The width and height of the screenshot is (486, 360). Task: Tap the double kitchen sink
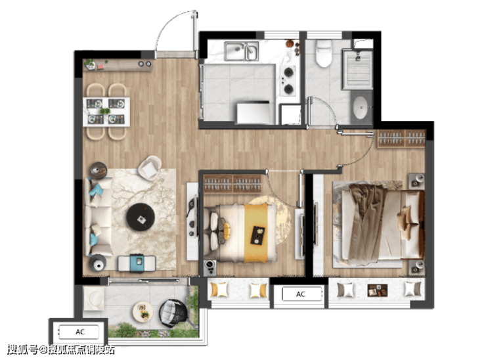pyautogui.click(x=242, y=51)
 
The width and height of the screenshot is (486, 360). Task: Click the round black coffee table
pyautogui.click(x=141, y=217)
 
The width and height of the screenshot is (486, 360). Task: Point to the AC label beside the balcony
pyautogui.click(x=80, y=332)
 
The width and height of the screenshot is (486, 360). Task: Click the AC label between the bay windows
pyautogui.click(x=300, y=294)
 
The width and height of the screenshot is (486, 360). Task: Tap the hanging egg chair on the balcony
pyautogui.click(x=173, y=313)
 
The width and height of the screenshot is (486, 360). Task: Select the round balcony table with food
pyautogui.click(x=143, y=311)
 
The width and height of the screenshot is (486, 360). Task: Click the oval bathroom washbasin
pyautogui.click(x=361, y=107)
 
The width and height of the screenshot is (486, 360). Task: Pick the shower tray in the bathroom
pyautogui.click(x=357, y=69)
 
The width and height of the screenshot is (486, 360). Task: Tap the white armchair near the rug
pyautogui.click(x=150, y=168)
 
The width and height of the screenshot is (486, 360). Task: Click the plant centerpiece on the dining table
pyautogui.click(x=105, y=111)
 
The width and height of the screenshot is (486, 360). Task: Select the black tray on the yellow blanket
pyautogui.click(x=258, y=235)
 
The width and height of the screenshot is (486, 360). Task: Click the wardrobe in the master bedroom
pyautogui.click(x=402, y=138)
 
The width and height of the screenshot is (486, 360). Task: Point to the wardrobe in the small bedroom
pyautogui.click(x=232, y=183)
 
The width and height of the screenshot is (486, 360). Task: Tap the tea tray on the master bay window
pyautogui.click(x=377, y=290)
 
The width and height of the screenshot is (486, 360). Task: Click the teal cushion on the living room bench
pyautogui.click(x=137, y=262)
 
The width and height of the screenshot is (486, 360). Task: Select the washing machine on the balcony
pyautogui.click(x=94, y=298)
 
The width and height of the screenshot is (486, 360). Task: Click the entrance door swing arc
pyautogui.click(x=168, y=23)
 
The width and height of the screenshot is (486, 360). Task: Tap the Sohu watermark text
pyautogui.click(x=61, y=349)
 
